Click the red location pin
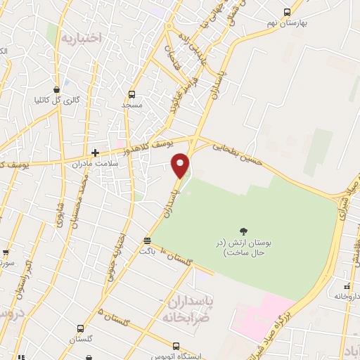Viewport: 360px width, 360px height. [x=181, y=165]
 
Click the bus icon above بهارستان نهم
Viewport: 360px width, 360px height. [x=286, y=11]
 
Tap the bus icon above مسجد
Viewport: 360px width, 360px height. [x=131, y=94]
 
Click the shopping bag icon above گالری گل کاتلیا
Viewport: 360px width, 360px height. [x=66, y=89]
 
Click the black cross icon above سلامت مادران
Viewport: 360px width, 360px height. [x=95, y=152]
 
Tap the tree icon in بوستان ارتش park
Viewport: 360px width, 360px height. [x=244, y=231]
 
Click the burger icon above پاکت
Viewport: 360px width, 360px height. [x=146, y=240]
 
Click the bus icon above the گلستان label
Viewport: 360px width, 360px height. [x=80, y=328]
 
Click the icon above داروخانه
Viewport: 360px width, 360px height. [x=347, y=285]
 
